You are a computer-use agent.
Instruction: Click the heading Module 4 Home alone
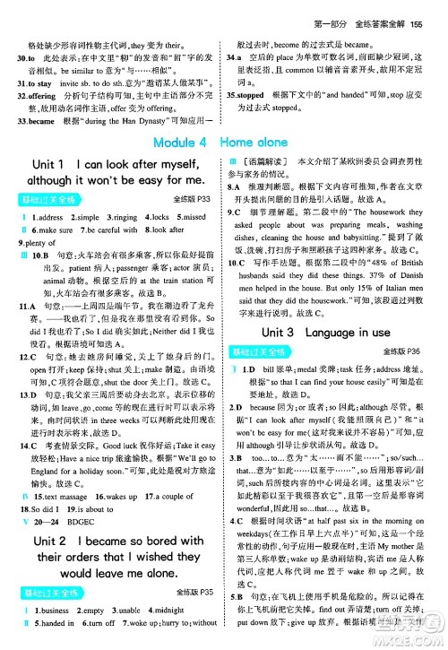(223, 143)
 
